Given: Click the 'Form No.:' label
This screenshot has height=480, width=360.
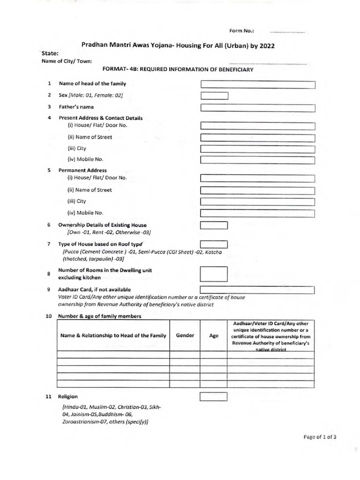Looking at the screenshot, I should click(241, 31).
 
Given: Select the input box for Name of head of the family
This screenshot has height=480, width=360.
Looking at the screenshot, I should click(257, 84).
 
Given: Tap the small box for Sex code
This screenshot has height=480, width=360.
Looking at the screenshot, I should click(214, 96).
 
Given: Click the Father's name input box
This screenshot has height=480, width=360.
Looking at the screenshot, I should click(257, 108).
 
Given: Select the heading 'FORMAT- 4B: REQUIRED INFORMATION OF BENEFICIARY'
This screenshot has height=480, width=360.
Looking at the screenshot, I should click(178, 69).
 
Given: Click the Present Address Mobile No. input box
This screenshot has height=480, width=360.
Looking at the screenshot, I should click(257, 160).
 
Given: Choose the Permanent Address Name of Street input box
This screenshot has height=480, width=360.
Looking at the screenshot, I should click(257, 190).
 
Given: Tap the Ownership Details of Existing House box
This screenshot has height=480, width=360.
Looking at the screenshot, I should click(214, 225).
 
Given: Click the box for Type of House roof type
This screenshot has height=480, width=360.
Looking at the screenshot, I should click(214, 244).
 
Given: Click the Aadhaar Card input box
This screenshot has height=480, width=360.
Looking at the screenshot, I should click(257, 290).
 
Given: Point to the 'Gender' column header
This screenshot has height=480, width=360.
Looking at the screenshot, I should click(185, 336).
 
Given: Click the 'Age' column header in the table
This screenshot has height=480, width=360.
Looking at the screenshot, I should click(214, 336).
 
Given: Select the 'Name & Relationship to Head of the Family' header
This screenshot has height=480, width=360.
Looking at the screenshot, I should click(113, 336).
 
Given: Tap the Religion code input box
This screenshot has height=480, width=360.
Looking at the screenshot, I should click(214, 397).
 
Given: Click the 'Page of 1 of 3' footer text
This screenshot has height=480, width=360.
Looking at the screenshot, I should click(320, 437).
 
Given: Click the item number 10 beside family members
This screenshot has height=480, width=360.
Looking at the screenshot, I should click(48, 316).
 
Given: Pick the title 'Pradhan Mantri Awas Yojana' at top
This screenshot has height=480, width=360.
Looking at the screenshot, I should click(178, 45).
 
